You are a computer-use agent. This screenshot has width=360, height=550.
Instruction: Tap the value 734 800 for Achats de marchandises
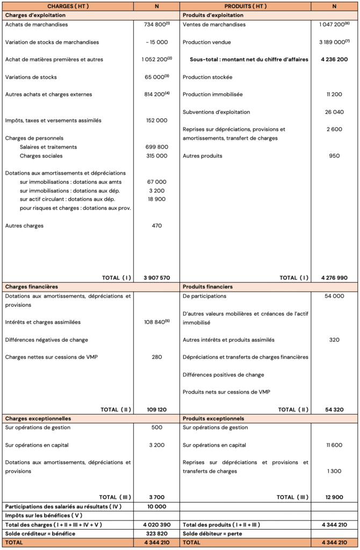click(155, 25)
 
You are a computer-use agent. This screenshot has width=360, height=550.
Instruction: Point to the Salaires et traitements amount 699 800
click(156, 147)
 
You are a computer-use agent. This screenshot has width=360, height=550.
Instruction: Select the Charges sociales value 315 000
click(156, 156)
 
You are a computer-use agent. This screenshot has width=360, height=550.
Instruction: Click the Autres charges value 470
click(156, 226)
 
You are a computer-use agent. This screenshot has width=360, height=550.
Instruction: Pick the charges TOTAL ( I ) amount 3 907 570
click(156, 278)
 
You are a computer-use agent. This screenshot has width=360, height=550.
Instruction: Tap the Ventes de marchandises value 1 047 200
click(332, 25)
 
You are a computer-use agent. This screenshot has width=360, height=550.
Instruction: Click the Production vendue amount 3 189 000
click(332, 42)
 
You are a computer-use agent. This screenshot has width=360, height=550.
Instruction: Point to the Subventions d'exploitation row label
click(216, 112)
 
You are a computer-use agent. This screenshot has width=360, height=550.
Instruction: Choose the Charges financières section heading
click(32, 287)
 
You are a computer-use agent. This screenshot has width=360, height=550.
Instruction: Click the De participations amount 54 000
click(334, 296)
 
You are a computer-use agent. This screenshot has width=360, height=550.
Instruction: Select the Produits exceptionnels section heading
click(213, 418)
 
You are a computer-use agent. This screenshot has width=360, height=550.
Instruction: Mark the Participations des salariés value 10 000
click(156, 506)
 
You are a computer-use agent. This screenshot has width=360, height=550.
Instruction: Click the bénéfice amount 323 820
click(156, 533)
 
